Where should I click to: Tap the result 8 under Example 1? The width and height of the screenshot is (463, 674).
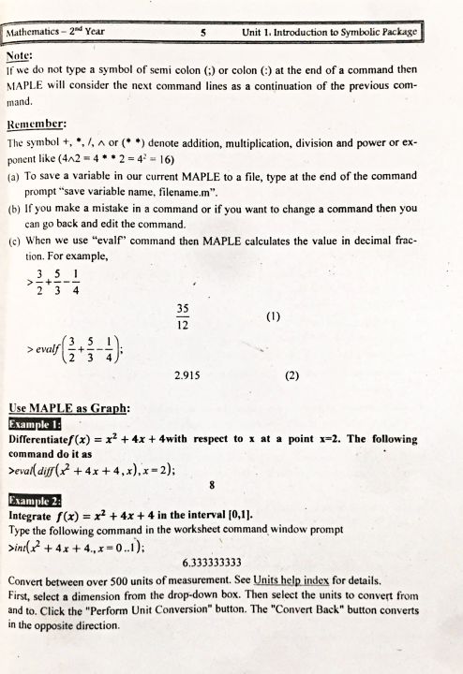point(213,486)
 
